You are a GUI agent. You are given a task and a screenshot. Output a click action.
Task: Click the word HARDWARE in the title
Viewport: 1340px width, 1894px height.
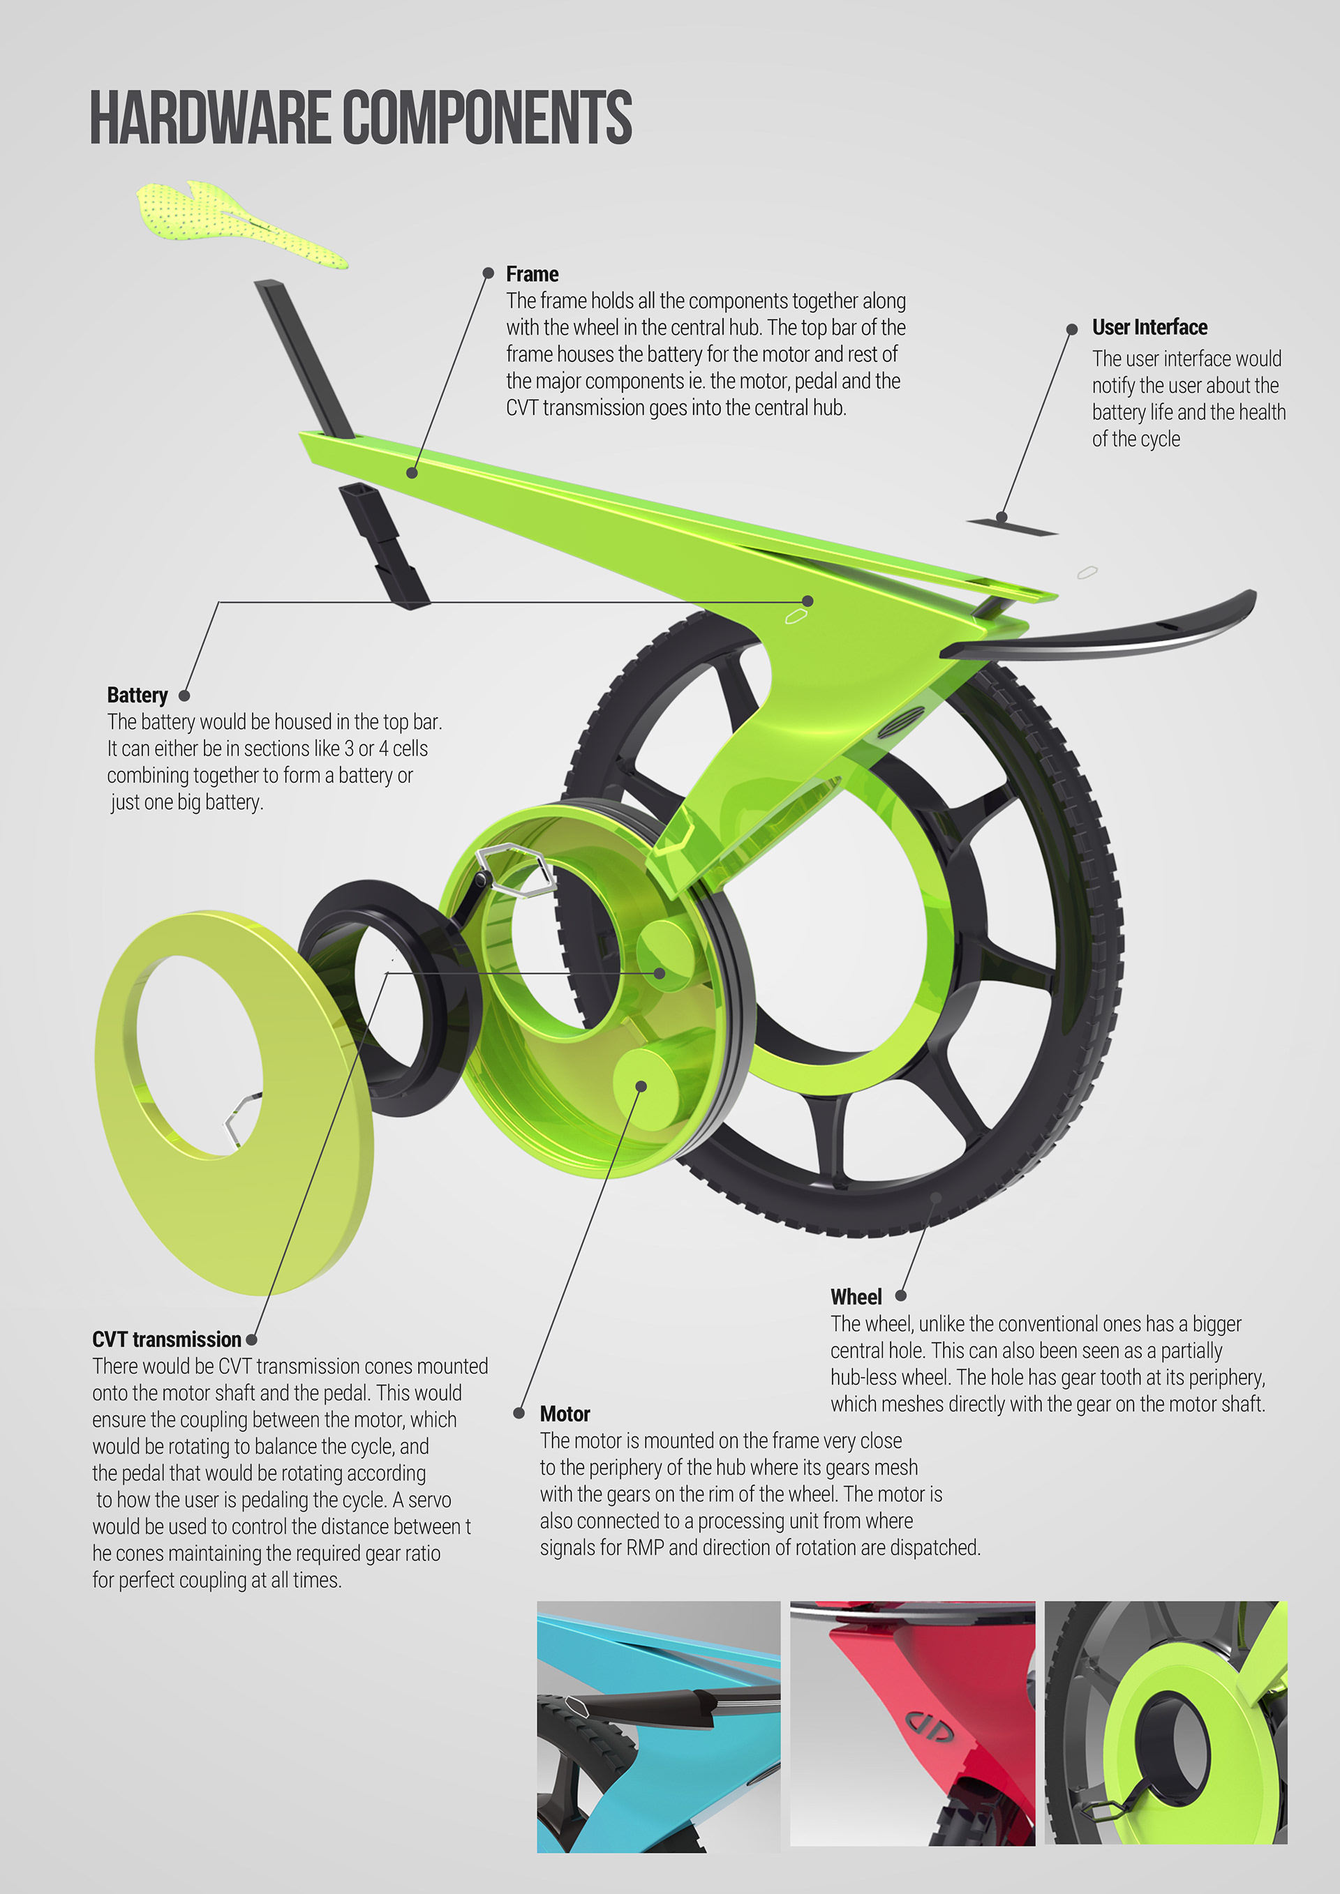click(x=209, y=118)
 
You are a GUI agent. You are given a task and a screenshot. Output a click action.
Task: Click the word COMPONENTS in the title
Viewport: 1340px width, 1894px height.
click(x=487, y=118)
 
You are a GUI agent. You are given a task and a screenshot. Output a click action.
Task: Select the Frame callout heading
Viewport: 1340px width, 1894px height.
click(x=533, y=274)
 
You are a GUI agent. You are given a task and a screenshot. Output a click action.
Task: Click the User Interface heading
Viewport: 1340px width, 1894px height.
click(x=1149, y=327)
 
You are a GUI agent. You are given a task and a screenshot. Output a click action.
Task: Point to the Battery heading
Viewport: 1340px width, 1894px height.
click(x=137, y=696)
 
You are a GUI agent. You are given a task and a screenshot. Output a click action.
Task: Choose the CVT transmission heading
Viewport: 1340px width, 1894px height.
click(x=167, y=1339)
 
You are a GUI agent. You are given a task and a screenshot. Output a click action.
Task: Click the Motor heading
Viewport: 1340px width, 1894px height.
click(x=565, y=1414)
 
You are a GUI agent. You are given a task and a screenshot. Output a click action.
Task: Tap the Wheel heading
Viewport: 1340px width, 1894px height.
click(x=856, y=1297)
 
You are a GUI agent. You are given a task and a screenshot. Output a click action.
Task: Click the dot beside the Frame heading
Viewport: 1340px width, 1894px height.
click(x=489, y=273)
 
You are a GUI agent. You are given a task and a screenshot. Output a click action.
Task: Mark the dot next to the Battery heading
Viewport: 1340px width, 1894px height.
click(x=185, y=696)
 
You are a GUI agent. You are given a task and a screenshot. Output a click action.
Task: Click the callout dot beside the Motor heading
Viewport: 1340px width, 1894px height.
click(x=519, y=1413)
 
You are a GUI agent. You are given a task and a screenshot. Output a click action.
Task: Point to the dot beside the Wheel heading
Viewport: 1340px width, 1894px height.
click(x=901, y=1296)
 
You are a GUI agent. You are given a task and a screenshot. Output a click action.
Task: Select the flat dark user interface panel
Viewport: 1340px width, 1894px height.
click(x=1011, y=525)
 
